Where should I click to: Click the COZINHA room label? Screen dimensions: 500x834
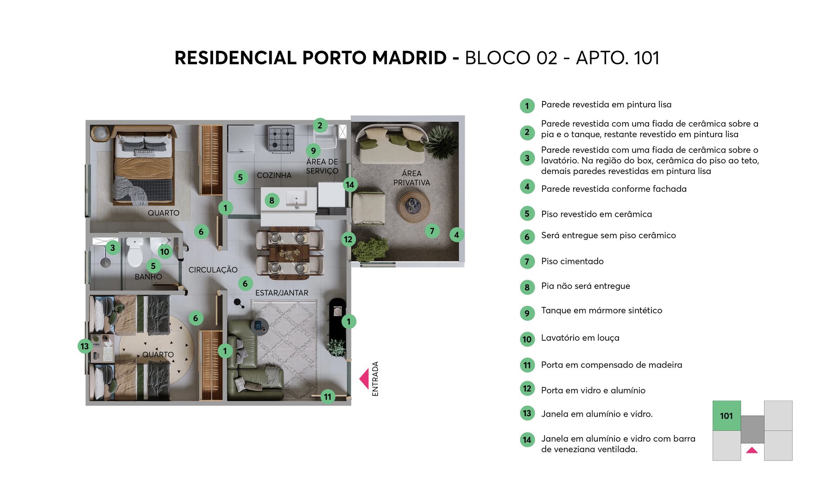274,175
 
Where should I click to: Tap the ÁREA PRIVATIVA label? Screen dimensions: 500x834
411,178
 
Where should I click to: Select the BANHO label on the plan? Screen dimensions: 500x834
148,277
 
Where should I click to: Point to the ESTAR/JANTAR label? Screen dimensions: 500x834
282,293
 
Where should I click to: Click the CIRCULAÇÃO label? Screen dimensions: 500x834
213,270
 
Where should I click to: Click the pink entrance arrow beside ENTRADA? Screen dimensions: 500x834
364,378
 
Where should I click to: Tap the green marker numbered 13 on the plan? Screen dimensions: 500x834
84,346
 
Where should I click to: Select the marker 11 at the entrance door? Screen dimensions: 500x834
328,397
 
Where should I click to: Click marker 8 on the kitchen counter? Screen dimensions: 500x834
272,200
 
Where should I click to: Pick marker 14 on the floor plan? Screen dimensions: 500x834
350,185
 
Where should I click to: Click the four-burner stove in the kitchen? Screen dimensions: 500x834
281,138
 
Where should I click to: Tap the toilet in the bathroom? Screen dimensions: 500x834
135,253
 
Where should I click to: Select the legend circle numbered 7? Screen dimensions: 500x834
527,262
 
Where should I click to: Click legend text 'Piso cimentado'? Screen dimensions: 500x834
572,262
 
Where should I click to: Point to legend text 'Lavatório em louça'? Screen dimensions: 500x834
580,338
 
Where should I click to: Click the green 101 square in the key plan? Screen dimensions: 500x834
727,416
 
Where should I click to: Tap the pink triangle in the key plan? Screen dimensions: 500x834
752,450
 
